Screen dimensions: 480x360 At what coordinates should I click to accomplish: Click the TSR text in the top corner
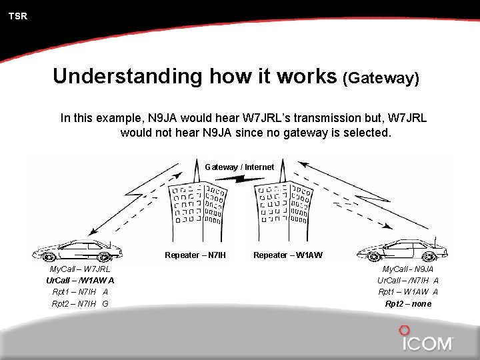pos(18,16)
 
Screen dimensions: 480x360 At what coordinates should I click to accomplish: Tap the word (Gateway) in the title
pos(381,78)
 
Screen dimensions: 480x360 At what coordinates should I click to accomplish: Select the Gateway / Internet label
pos(239,167)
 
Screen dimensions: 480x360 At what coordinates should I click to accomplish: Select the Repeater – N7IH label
pos(195,255)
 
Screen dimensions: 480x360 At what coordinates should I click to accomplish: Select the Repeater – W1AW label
pos(288,255)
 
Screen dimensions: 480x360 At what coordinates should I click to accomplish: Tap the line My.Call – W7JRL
pos(80,269)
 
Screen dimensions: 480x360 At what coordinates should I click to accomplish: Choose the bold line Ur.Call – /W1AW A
pos(80,280)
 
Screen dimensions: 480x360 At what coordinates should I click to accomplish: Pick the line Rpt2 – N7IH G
pos(80,303)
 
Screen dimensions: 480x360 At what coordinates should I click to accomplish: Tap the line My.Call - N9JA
pos(408,269)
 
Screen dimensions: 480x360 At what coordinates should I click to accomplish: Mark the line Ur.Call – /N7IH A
pos(408,280)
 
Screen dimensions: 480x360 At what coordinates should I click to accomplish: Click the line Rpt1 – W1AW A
pos(408,291)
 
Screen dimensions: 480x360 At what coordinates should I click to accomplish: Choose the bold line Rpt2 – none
pos(408,303)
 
